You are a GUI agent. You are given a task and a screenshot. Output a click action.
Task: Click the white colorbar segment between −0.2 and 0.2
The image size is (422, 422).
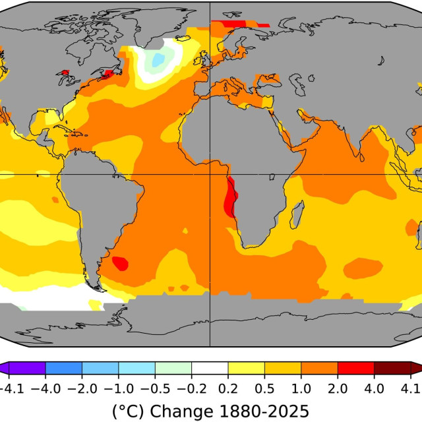point(210,368)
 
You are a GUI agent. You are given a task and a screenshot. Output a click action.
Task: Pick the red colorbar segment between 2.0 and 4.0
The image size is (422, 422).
point(356,368)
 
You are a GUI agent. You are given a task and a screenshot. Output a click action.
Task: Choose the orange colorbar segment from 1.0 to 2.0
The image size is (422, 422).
point(319,368)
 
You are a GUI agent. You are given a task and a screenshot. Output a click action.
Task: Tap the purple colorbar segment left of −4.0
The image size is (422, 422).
point(27,368)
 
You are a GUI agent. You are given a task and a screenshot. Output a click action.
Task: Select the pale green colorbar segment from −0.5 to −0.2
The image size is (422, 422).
point(173,368)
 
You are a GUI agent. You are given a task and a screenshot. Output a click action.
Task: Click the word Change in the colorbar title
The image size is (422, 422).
point(181,411)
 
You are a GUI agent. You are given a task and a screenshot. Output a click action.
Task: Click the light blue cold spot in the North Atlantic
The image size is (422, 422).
point(158,60)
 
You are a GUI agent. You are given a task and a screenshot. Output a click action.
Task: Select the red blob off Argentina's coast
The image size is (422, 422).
point(120,263)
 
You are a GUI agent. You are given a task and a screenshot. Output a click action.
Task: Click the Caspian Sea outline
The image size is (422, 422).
point(298,84)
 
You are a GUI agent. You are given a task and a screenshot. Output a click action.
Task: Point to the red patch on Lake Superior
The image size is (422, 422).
point(65,73)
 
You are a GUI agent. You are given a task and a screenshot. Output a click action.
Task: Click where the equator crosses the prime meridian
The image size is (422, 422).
point(210,174)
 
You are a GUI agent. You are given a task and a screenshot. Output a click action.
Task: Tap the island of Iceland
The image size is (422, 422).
point(183,38)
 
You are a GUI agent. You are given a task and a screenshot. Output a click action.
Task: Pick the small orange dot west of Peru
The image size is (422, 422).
point(55,200)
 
